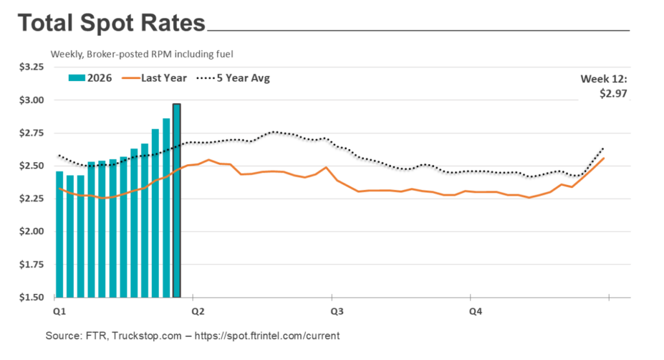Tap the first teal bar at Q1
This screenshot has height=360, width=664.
(60, 234)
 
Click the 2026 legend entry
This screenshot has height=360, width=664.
(90, 78)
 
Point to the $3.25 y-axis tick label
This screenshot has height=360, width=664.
(30, 67)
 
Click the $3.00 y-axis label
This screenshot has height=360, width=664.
(30, 100)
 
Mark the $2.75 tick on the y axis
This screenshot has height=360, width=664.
(30, 133)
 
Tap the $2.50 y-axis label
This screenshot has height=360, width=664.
(30, 166)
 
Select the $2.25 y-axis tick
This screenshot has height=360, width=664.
(30, 198)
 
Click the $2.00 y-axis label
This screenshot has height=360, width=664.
(30, 232)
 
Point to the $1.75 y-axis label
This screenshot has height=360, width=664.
(30, 265)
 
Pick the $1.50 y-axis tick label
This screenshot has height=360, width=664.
(30, 298)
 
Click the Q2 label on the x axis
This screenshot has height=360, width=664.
(198, 312)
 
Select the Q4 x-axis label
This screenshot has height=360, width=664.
(475, 312)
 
